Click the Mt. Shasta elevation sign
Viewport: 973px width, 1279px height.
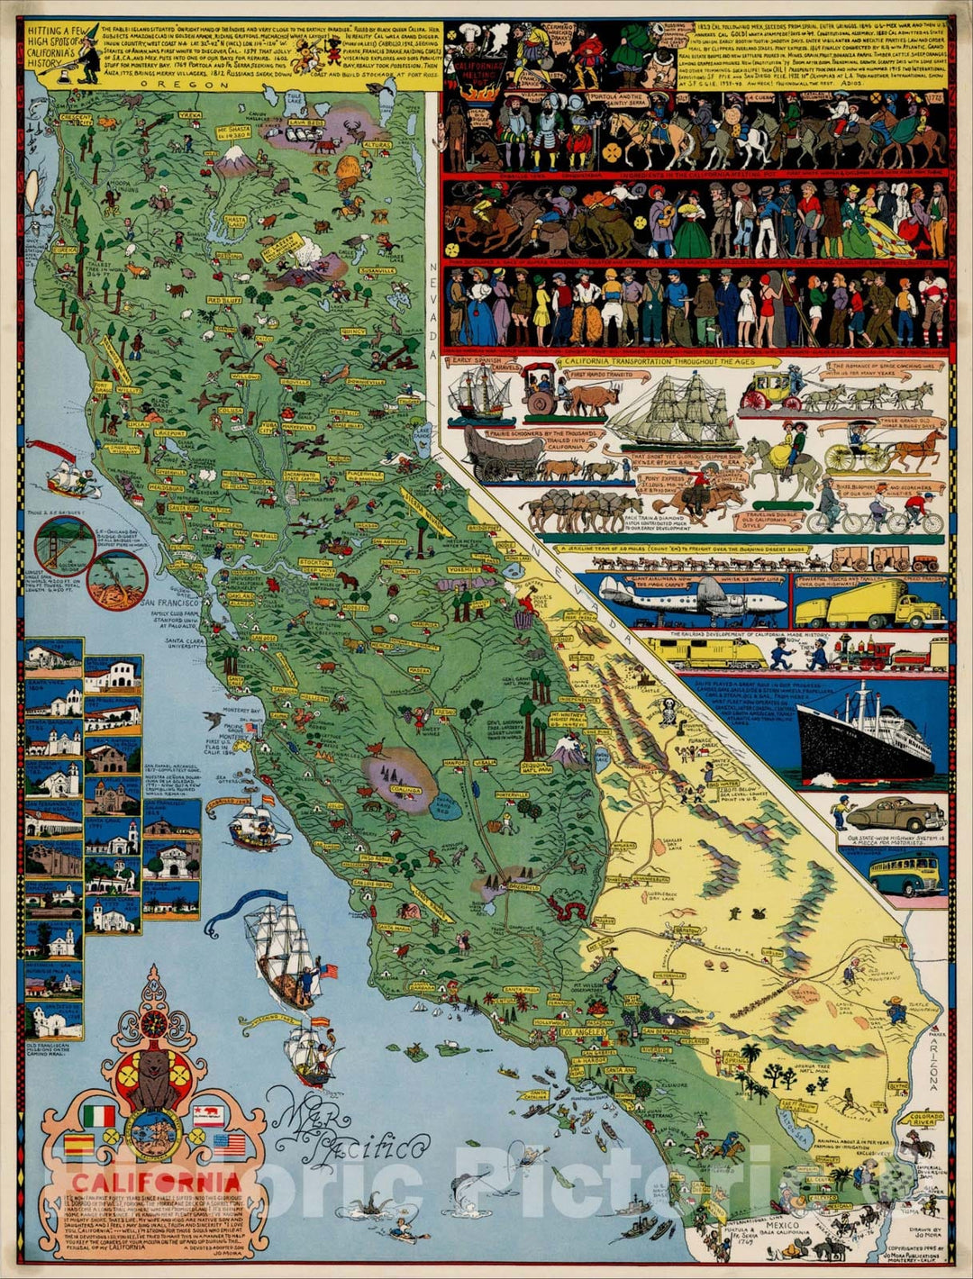pyautogui.click(x=233, y=132)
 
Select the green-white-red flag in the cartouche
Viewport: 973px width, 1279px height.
pyautogui.click(x=99, y=1117)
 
